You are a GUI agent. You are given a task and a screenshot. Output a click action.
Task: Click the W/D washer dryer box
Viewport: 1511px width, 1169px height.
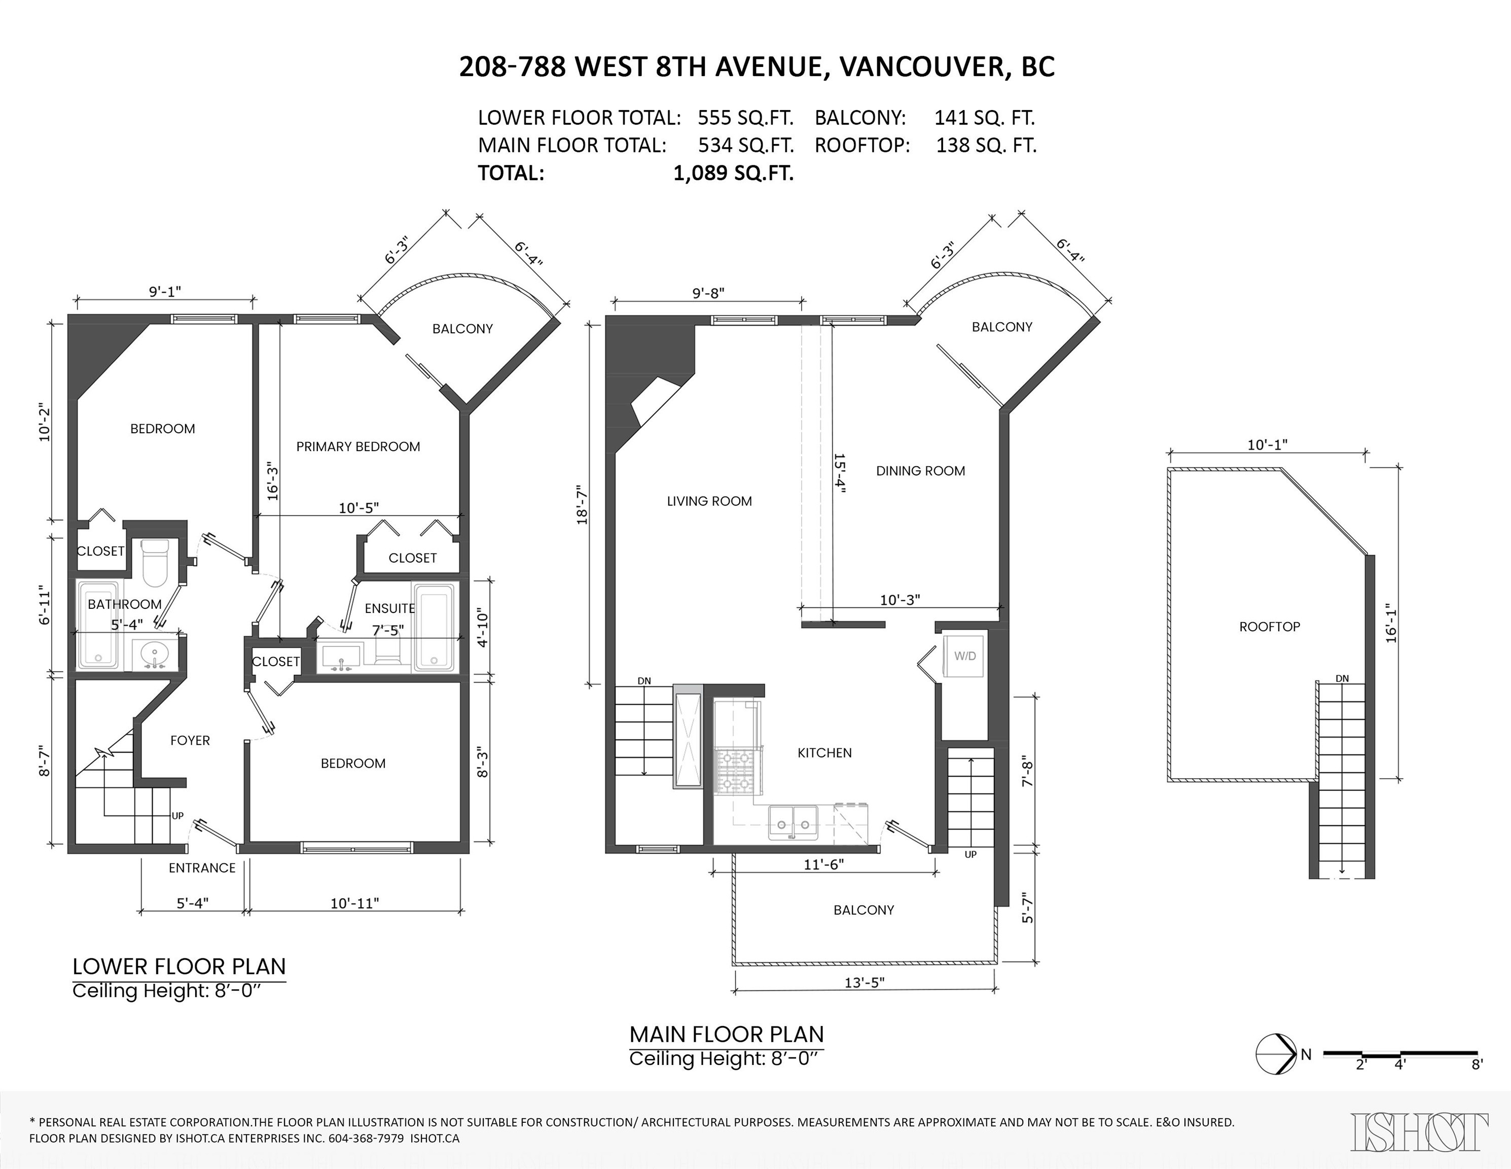(964, 656)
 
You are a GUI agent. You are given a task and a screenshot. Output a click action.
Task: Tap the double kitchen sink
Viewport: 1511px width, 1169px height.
(793, 822)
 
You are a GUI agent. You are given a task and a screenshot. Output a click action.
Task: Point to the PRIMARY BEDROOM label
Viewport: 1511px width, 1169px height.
(357, 446)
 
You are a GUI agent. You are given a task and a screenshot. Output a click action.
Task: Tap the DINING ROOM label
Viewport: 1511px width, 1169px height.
(920, 471)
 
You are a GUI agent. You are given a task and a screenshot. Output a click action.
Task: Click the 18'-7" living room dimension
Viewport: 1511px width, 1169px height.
(583, 504)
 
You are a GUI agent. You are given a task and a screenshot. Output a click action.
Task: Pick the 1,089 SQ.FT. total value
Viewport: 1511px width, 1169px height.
(733, 173)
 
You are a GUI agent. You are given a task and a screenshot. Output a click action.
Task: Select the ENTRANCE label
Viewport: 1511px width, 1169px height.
(202, 868)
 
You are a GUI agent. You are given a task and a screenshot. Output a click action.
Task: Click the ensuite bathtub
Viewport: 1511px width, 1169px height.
(434, 627)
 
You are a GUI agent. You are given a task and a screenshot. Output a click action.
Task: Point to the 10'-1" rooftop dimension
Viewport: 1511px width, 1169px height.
(1267, 444)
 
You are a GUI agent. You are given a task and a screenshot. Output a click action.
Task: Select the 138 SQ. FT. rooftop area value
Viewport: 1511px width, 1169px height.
(986, 145)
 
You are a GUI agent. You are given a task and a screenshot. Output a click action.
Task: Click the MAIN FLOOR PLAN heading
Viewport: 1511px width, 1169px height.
(727, 1034)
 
